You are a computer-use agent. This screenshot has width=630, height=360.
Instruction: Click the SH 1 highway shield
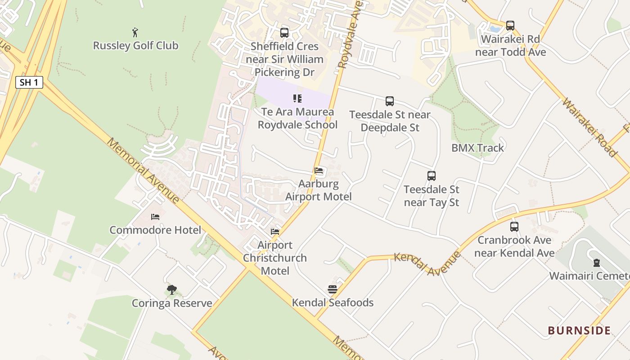coord(29,82)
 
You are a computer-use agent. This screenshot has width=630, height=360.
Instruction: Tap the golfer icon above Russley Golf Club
coord(135,32)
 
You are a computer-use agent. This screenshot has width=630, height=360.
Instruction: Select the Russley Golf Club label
coord(135,45)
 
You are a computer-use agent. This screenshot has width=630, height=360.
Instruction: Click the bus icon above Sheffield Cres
coord(284,33)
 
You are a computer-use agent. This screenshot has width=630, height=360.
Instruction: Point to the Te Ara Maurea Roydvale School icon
coord(297,99)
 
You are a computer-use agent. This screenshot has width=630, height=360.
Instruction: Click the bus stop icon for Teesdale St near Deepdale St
coord(390,101)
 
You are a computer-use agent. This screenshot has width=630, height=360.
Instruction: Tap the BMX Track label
coord(477,148)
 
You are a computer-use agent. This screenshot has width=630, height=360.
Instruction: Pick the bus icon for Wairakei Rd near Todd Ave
coord(510,26)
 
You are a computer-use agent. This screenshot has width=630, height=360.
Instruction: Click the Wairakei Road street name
coord(589,128)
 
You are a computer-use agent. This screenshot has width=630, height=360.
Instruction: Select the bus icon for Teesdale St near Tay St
coord(432,176)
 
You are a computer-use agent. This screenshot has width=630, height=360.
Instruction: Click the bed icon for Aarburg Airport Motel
coord(319,171)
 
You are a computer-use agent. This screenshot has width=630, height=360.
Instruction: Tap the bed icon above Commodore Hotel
coord(155,217)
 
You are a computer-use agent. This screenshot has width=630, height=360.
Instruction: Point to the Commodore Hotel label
coord(155,230)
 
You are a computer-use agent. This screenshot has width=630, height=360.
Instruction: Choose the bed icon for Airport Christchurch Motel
coord(275,232)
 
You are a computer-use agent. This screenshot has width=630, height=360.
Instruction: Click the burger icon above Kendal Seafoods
coord(333,289)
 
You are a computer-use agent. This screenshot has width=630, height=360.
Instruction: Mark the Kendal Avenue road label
coord(427,264)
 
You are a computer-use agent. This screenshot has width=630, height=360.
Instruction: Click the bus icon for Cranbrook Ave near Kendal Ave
coord(514,227)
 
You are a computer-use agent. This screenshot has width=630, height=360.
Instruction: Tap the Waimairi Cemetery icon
coord(596,262)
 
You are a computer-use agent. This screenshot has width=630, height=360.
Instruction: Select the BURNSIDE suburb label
coord(579,331)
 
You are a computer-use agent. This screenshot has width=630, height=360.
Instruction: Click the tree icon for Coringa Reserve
coord(171,290)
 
